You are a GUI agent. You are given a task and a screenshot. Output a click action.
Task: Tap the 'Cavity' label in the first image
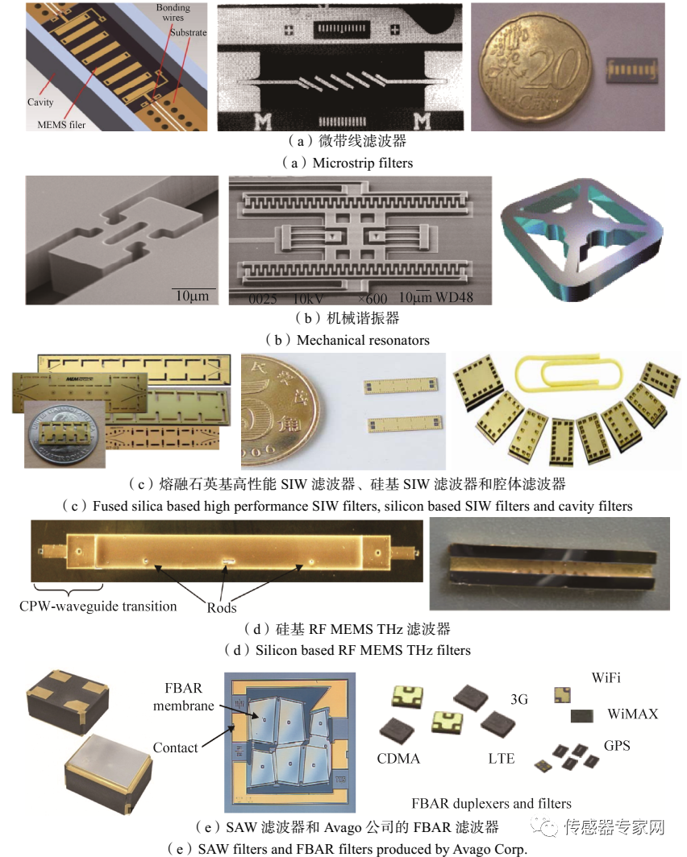pyautogui.click(x=40, y=102)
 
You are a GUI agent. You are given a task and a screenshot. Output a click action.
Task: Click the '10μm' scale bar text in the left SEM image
pyautogui.click(x=192, y=296)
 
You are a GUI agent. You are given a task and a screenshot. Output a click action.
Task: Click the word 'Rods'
pyautogui.click(x=222, y=608)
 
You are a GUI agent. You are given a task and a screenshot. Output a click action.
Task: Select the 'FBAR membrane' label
pyautogui.click(x=183, y=697)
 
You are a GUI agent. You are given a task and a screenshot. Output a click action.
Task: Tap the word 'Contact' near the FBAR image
pyautogui.click(x=175, y=747)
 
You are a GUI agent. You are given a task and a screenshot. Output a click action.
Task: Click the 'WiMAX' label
pyautogui.click(x=633, y=714)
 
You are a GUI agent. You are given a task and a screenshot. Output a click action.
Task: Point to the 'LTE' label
pyautogui.click(x=501, y=759)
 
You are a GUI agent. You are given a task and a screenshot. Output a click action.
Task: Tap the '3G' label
pyautogui.click(x=519, y=699)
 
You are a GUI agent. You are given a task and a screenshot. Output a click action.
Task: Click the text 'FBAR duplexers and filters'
pyautogui.click(x=491, y=803)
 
